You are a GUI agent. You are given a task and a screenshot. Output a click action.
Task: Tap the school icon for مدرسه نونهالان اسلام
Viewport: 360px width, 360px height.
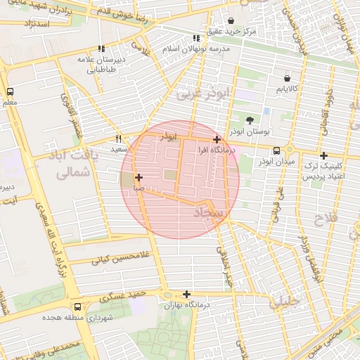click(x=197, y=39)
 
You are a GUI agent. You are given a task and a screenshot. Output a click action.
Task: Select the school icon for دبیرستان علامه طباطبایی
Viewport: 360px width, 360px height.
click(x=102, y=49)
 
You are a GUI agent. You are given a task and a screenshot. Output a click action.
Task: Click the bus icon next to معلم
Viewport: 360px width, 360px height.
click(x=10, y=92)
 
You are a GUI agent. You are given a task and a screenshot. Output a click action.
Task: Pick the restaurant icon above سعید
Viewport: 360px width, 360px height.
click(x=118, y=139)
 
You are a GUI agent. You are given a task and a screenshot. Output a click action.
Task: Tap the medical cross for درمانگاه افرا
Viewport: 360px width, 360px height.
click(x=217, y=139)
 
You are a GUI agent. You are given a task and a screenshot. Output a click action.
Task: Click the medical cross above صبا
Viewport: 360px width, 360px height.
click(x=139, y=177)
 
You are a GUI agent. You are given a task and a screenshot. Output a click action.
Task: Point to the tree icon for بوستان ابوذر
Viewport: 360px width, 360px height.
click(x=250, y=120)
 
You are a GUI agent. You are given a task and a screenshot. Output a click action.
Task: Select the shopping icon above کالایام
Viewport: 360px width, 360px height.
click(x=286, y=78)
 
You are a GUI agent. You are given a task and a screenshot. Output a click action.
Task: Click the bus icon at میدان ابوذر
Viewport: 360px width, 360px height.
click(x=276, y=150)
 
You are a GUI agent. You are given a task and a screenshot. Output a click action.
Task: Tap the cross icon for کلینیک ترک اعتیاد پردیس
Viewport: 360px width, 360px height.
click(x=323, y=155)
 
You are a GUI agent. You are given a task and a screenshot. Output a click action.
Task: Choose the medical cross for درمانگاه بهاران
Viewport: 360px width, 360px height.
click(x=186, y=295)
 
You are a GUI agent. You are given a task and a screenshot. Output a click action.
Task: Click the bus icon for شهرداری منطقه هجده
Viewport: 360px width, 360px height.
click(x=77, y=306)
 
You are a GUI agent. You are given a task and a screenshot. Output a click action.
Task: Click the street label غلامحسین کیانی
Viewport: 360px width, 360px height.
click(x=112, y=258)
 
